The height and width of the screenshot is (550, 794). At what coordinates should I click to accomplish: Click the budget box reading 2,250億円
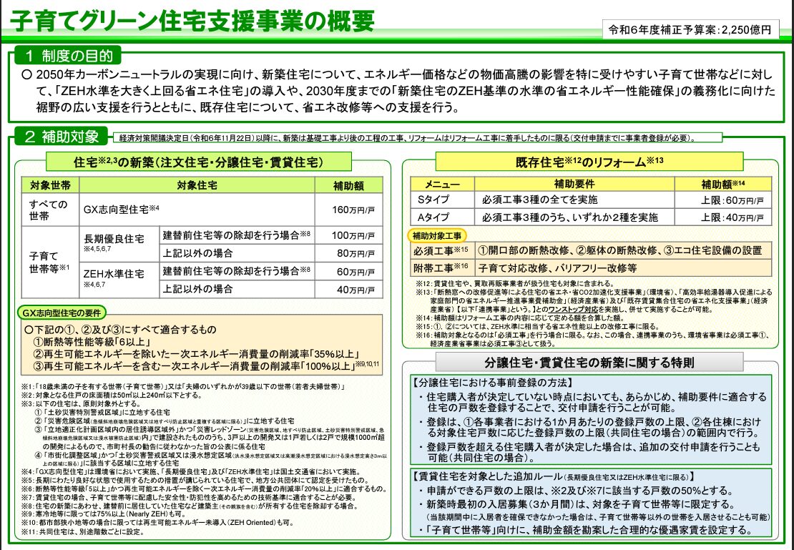(x=690, y=30)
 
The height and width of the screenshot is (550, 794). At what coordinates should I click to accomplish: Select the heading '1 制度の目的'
(x=67, y=56)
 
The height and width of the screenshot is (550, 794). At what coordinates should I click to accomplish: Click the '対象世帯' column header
(x=50, y=185)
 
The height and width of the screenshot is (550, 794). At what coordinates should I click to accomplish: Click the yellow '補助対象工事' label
(x=437, y=235)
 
